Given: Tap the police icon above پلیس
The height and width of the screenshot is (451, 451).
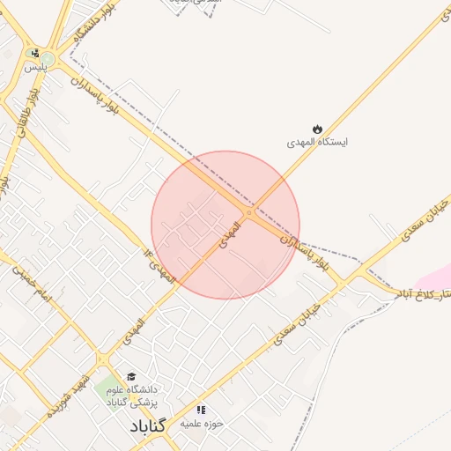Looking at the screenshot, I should tap(33, 53).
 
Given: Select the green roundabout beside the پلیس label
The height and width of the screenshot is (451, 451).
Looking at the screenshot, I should tap(48, 60).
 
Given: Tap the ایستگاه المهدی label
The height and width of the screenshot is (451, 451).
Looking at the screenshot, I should tap(318, 142).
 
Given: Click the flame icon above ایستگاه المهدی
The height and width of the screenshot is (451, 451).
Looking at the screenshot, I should tap(318, 129).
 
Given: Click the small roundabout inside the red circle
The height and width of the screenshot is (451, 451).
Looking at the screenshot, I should tap(249, 213).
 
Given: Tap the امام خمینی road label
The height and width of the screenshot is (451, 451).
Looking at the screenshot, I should tap(32, 287).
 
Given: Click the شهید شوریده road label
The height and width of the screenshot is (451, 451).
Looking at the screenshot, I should tap(68, 387).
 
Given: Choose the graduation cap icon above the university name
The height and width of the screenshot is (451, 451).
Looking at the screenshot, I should tap(130, 376).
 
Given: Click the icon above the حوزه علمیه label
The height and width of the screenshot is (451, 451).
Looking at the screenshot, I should tap(201, 410).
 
